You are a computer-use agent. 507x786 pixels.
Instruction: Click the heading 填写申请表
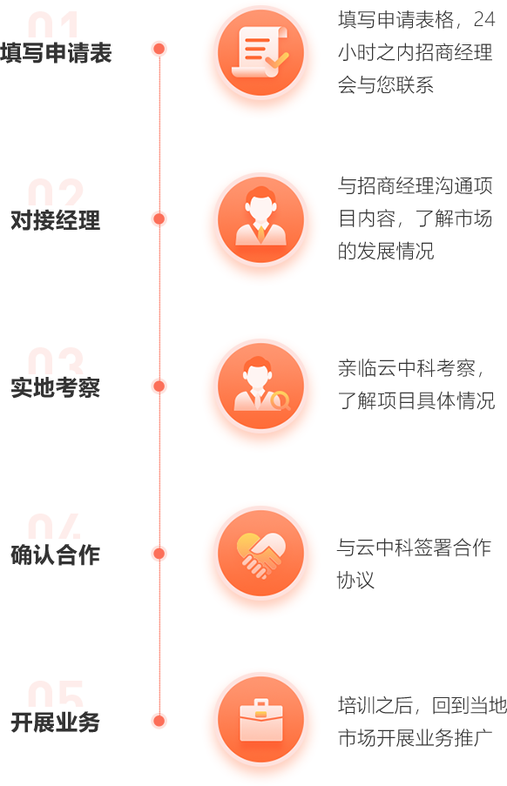(56, 52)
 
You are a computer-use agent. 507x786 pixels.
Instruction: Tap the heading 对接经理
(56, 220)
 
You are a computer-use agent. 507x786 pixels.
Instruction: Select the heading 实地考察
(56, 387)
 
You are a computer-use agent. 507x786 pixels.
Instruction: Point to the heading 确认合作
(56, 555)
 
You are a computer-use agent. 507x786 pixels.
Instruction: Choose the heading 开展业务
(56, 722)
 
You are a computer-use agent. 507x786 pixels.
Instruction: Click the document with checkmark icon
(260, 52)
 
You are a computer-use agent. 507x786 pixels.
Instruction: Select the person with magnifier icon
(260, 386)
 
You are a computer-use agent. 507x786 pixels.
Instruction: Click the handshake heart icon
(260, 554)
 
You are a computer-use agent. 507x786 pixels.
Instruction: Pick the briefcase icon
(260, 720)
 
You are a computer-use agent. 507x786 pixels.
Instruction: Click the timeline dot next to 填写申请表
(159, 49)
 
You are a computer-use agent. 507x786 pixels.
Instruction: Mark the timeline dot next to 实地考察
(159, 386)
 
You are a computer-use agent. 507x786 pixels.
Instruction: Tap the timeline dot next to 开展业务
(159, 721)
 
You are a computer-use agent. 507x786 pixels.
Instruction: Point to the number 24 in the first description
(484, 19)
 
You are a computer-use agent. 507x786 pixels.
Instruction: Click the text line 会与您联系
(386, 84)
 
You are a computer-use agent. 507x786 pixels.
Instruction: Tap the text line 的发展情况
(386, 252)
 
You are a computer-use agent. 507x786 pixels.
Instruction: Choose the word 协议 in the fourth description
(355, 580)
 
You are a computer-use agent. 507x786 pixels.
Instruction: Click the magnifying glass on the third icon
(281, 401)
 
